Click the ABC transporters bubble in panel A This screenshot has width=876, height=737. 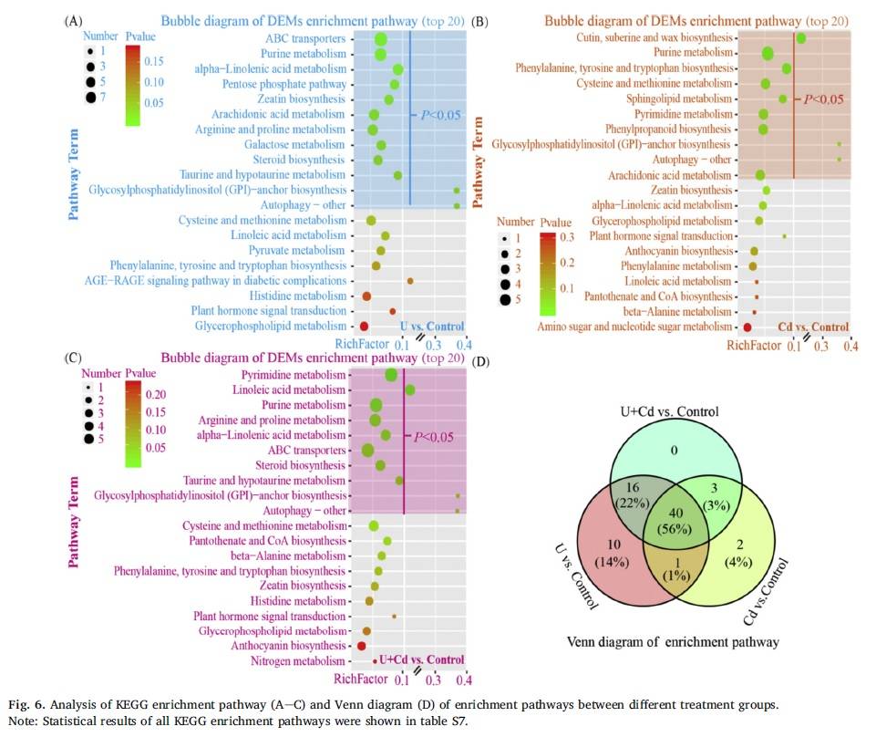pyautogui.click(x=381, y=40)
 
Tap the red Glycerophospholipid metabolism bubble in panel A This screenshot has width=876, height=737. pyautogui.click(x=364, y=326)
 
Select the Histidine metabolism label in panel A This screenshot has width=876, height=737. pyautogui.click(x=298, y=296)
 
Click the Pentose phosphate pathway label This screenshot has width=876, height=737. pyautogui.click(x=284, y=85)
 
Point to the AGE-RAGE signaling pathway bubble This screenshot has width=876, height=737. pyautogui.click(x=410, y=281)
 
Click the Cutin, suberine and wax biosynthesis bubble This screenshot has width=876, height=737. pyautogui.click(x=800, y=38)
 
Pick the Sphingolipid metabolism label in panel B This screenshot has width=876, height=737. pyautogui.click(x=679, y=99)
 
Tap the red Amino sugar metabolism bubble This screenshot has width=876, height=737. pyautogui.click(x=747, y=327)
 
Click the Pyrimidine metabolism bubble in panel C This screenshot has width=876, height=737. pyautogui.click(x=391, y=375)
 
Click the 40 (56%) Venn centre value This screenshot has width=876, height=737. pyautogui.click(x=675, y=521)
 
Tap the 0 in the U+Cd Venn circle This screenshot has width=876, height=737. pyautogui.click(x=675, y=451)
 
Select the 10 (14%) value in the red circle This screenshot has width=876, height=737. pyautogui.click(x=613, y=553)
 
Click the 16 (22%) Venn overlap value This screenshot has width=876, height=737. pyautogui.click(x=633, y=495)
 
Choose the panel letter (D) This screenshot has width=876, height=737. pyautogui.click(x=480, y=362)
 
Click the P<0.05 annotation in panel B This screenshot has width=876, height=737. pyautogui.click(x=823, y=99)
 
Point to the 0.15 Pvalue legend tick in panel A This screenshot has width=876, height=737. pyautogui.click(x=154, y=61)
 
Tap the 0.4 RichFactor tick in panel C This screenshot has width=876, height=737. pyautogui.click(x=464, y=680)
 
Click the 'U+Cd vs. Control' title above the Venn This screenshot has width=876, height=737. pyautogui.click(x=669, y=411)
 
